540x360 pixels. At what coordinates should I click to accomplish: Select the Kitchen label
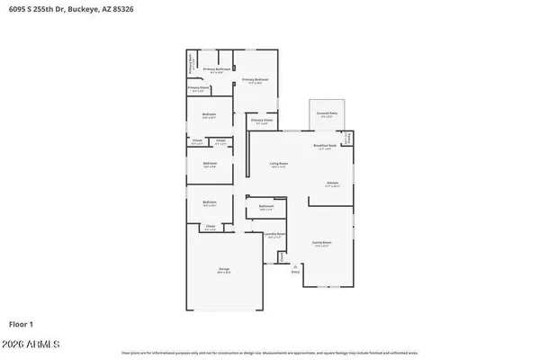(x=332, y=183)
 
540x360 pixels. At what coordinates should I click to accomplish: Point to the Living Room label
(x=279, y=164)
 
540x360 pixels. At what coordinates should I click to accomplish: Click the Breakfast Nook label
(x=325, y=146)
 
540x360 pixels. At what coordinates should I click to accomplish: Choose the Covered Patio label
(x=326, y=113)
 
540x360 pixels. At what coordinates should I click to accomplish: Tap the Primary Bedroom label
(x=256, y=80)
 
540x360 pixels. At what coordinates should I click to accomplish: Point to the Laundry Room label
(x=275, y=235)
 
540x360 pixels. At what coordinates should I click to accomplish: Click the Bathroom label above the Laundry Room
(x=265, y=206)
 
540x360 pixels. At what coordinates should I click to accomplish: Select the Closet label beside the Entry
(x=283, y=256)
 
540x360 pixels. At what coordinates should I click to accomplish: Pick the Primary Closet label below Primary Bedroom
(x=262, y=120)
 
